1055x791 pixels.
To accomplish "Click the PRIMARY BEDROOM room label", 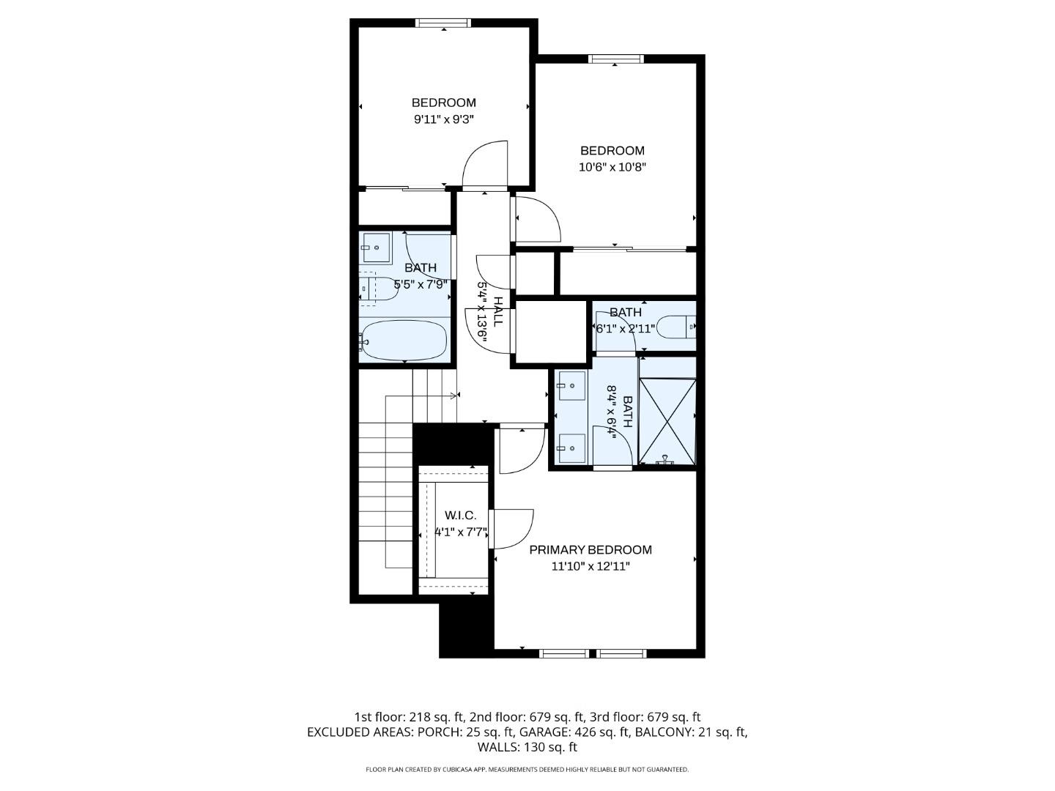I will tap(591, 550).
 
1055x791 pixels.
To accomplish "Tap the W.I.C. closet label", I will tap(460, 516).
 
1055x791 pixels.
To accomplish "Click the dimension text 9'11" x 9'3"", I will tap(444, 119).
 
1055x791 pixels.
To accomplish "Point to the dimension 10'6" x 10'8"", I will tap(612, 167).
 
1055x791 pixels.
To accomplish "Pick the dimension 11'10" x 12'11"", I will tap(591, 566).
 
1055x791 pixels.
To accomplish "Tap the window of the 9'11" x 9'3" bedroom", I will tap(443, 23).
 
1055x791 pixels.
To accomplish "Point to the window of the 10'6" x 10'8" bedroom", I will tap(616, 59).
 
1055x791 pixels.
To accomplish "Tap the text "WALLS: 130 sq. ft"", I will tap(527, 747).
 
